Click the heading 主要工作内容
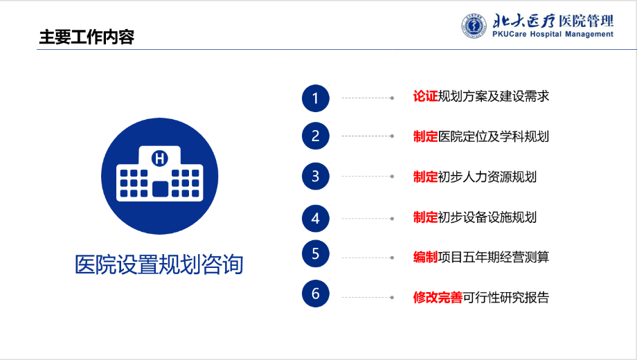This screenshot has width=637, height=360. (x=87, y=37)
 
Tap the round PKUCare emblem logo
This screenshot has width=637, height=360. (x=474, y=26)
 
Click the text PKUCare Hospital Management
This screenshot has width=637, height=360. (x=553, y=35)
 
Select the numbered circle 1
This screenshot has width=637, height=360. (x=316, y=98)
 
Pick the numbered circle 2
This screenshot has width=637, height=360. (x=316, y=136)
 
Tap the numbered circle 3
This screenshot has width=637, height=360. (x=316, y=177)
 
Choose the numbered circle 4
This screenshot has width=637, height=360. (x=316, y=219)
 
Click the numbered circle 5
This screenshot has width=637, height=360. (x=316, y=253)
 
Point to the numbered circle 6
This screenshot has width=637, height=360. (x=316, y=294)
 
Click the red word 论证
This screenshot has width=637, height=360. (x=425, y=96)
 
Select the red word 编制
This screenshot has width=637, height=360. (x=425, y=257)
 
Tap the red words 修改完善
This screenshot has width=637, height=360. (x=438, y=298)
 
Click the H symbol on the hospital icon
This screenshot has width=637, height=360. (x=160, y=159)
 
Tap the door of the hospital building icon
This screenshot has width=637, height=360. (x=161, y=189)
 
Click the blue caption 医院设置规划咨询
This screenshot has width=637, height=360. (x=159, y=264)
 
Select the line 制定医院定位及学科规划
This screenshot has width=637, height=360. (x=481, y=136)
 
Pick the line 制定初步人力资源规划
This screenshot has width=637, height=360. (x=475, y=177)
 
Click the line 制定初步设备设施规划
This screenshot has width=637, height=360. (x=475, y=217)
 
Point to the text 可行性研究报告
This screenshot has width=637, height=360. (x=505, y=298)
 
